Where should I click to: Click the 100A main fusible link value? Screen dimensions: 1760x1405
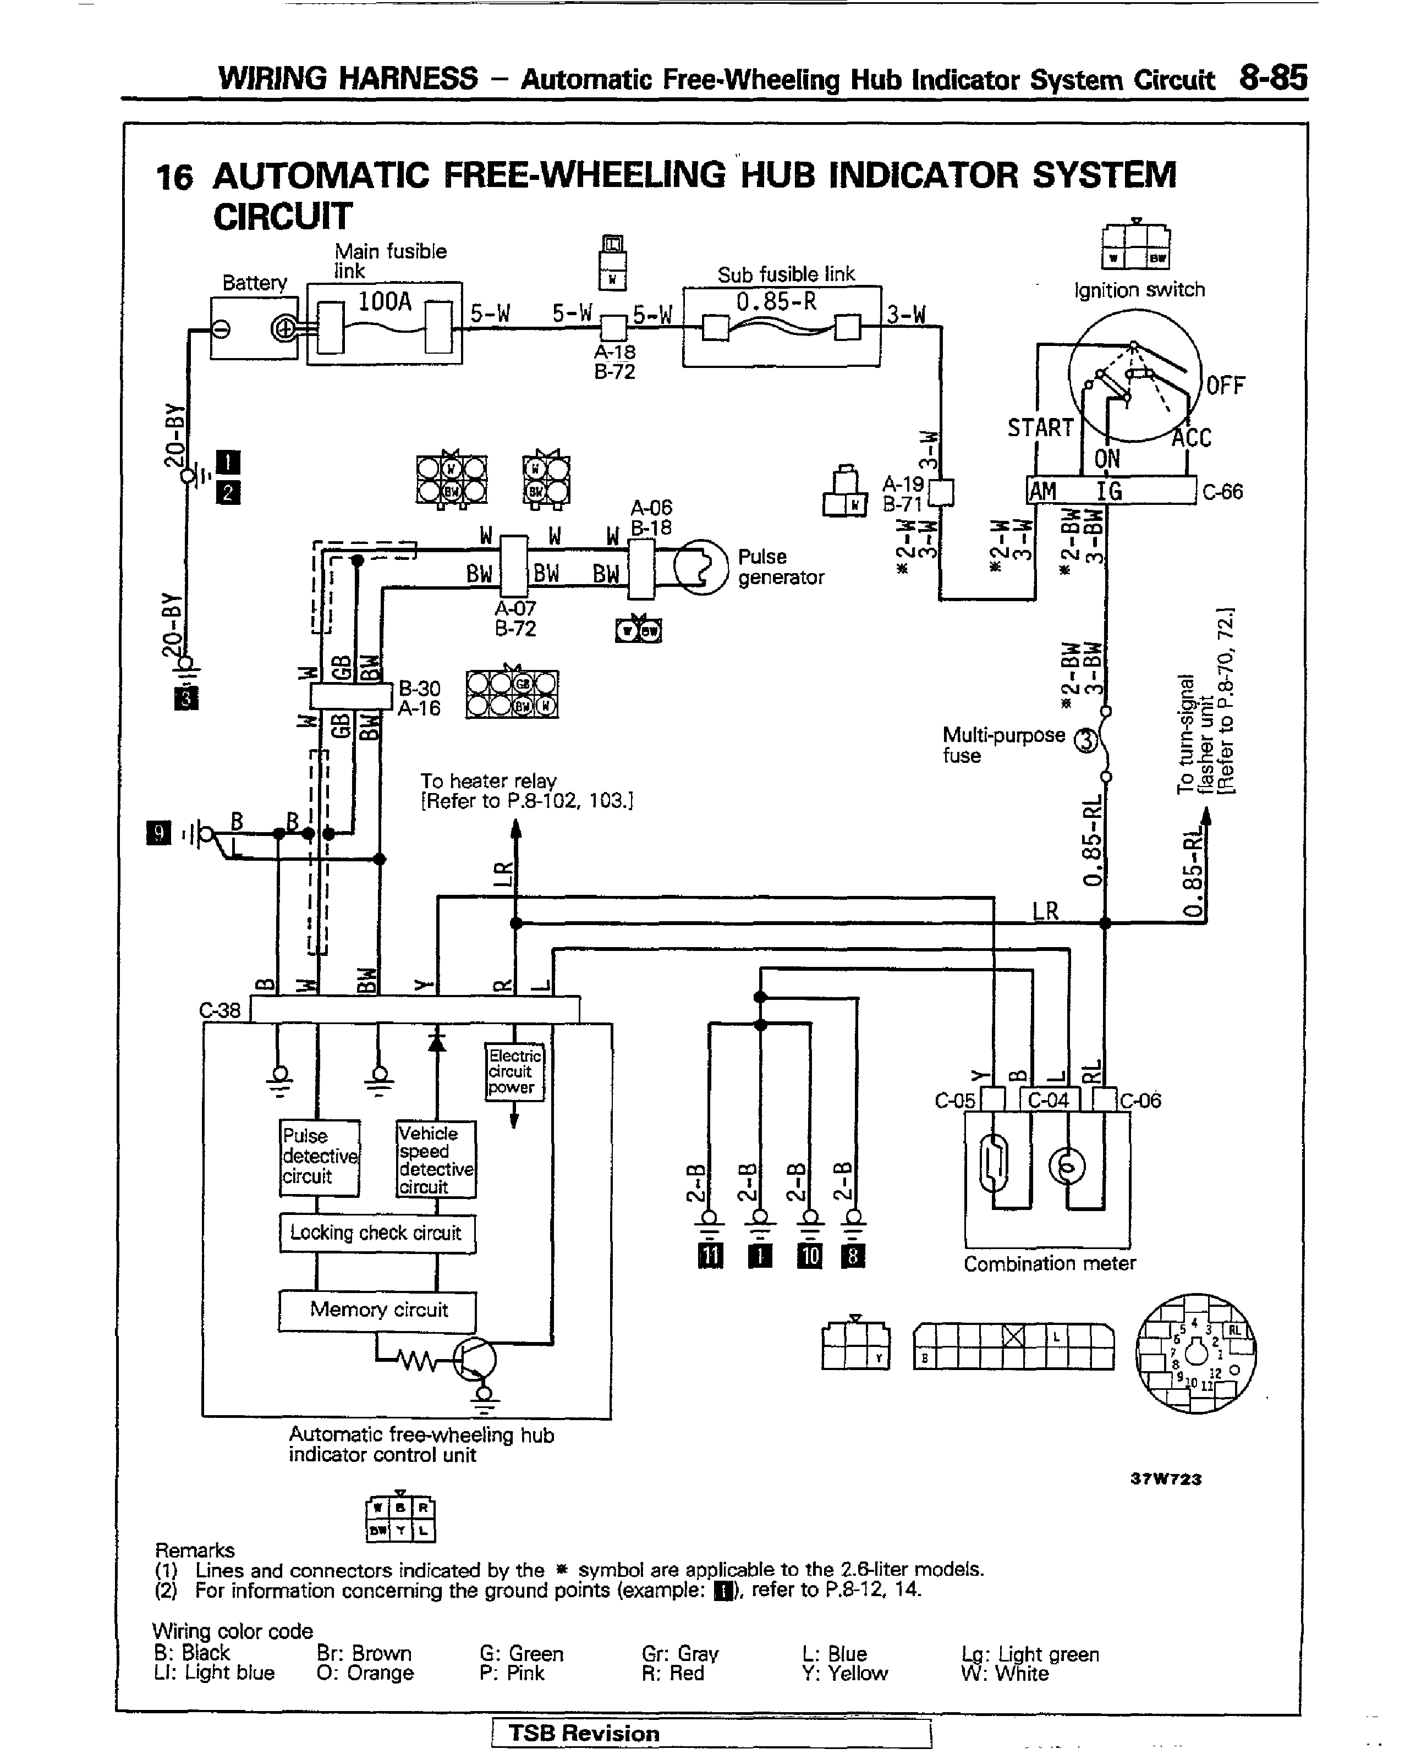(x=385, y=302)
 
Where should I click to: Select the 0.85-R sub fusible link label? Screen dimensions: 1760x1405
(x=776, y=302)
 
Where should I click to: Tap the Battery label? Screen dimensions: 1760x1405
(x=255, y=283)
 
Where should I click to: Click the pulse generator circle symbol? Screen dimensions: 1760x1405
(x=700, y=566)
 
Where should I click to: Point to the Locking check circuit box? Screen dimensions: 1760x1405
(x=376, y=1233)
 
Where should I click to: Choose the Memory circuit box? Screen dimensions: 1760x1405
(x=378, y=1310)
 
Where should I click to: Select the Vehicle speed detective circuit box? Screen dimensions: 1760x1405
(x=435, y=1159)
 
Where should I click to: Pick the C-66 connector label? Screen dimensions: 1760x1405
(x=1222, y=492)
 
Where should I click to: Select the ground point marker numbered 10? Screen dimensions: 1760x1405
(x=809, y=1256)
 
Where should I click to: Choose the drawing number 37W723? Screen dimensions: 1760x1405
(x=1165, y=1478)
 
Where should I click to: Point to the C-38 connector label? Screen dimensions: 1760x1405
(x=219, y=1010)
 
